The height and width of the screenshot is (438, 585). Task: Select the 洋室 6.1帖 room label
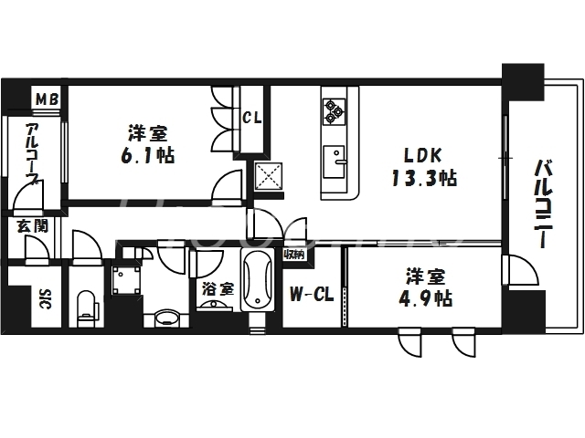(145, 144)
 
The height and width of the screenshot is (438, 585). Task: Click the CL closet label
(252, 117)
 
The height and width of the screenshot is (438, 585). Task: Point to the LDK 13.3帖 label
(421, 165)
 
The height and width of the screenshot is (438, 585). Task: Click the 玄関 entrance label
(25, 225)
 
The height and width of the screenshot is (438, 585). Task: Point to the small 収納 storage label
(292, 255)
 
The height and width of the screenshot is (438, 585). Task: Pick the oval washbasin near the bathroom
(166, 318)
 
